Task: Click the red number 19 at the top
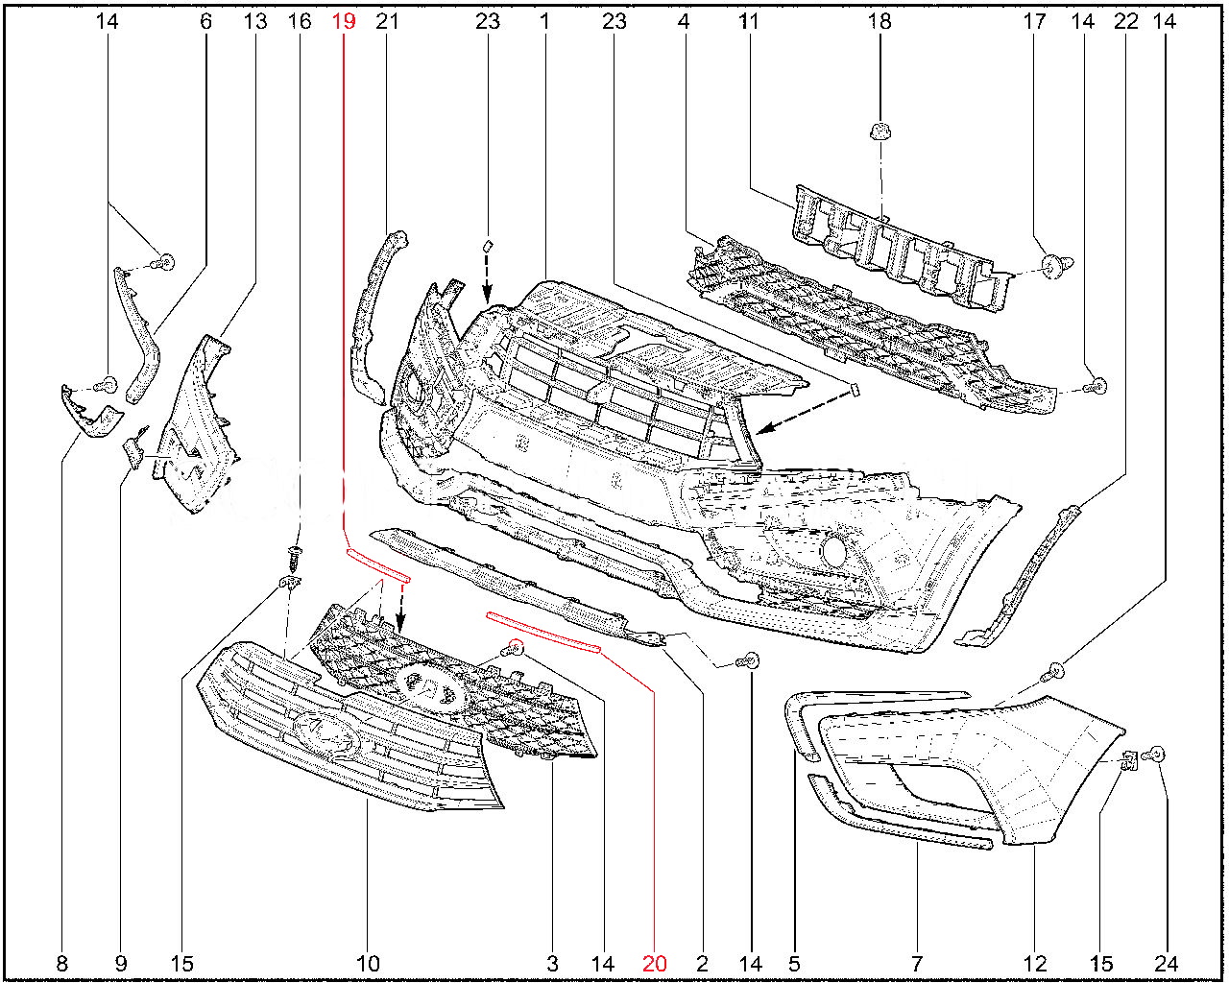click(344, 21)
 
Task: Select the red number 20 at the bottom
click(654, 964)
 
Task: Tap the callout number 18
click(880, 21)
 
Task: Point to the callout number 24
click(1167, 964)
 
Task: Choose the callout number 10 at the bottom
click(368, 964)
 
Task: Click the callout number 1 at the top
click(544, 21)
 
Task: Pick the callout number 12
click(1036, 964)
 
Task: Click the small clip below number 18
click(878, 131)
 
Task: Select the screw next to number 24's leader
click(1158, 755)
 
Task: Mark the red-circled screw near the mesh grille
click(516, 649)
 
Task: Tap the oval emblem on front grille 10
click(326, 735)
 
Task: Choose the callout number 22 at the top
click(1126, 21)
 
